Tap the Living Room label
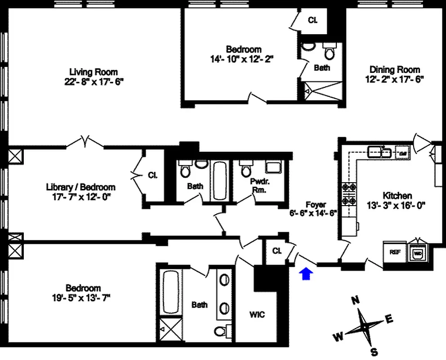click(94, 72)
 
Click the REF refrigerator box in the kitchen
click(395, 253)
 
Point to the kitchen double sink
click(380, 152)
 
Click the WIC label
click(257, 315)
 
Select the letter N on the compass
click(355, 300)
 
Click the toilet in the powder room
click(246, 170)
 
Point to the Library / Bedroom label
click(80, 187)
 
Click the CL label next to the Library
click(153, 175)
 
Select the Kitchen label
click(397, 196)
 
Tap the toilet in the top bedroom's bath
click(330, 53)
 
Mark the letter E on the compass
click(389, 319)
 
